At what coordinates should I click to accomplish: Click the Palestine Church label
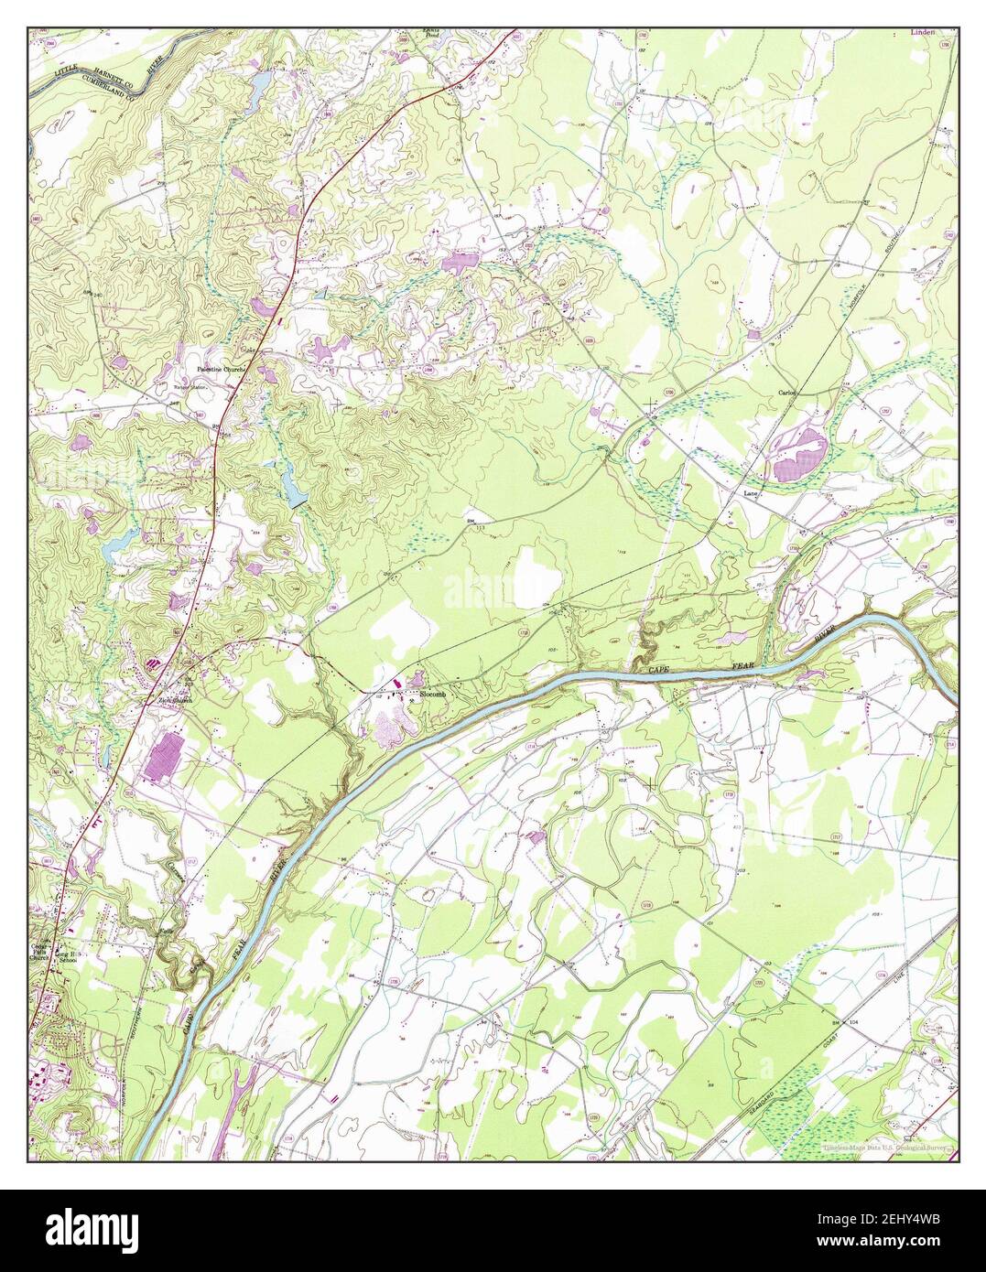point(218,370)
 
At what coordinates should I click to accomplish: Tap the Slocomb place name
point(433,695)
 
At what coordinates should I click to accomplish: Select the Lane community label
point(751,492)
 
